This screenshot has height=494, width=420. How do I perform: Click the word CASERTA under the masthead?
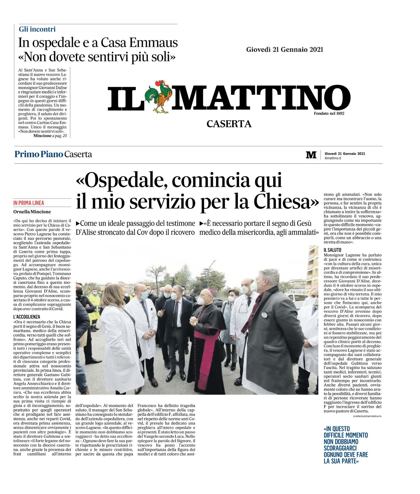coord(229,124)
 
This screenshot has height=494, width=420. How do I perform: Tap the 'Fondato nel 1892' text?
coord(329,113)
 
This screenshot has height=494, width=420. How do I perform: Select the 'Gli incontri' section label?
coord(37,29)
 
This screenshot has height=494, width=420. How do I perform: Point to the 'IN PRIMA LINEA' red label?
coord(29,203)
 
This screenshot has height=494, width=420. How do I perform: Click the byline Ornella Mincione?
coord(32,212)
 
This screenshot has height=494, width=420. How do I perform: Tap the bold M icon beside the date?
coord(311,155)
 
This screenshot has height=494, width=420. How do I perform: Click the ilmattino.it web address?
coord(333,158)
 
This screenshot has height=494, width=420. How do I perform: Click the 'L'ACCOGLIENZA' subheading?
coord(27,317)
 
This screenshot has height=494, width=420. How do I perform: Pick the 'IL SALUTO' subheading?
coord(332,250)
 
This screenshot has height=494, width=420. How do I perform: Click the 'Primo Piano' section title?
coord(39,154)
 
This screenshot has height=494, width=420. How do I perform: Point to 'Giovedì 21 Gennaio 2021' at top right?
coord(284,49)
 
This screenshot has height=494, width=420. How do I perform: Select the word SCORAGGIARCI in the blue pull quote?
coord(340,448)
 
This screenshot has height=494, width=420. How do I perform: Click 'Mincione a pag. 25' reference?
coord(50,136)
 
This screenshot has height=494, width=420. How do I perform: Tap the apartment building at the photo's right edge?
coord(313,266)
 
